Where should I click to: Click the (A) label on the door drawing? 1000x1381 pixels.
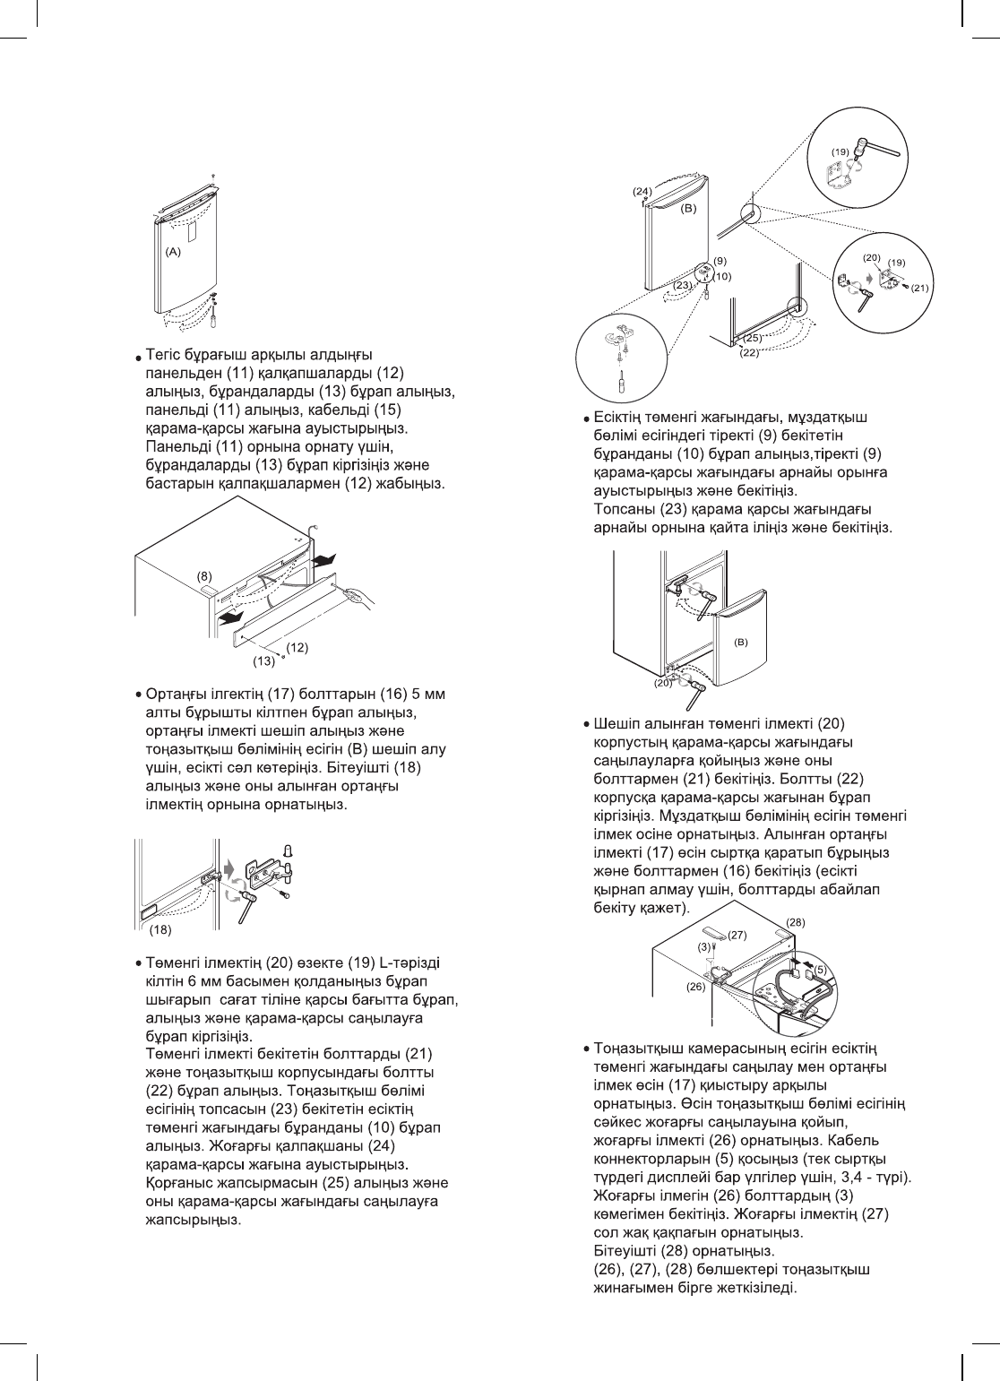click(x=173, y=253)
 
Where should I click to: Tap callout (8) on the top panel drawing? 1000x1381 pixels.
click(x=205, y=575)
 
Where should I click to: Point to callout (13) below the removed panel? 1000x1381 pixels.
click(x=263, y=661)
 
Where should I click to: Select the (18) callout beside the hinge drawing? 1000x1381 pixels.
click(x=159, y=929)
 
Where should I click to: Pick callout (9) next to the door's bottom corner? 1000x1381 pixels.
click(x=720, y=261)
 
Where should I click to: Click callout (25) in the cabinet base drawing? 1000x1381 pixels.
click(x=753, y=338)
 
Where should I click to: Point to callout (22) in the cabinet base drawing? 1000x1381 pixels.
click(x=749, y=353)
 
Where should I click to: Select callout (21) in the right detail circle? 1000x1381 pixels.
click(x=919, y=289)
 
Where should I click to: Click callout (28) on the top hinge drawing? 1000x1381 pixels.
click(x=796, y=921)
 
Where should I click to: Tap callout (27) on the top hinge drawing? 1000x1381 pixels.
click(x=737, y=935)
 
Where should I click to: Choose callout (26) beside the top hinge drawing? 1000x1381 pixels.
click(x=696, y=986)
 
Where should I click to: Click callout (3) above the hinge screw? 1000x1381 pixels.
click(x=704, y=946)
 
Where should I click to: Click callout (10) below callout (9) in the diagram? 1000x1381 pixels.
click(x=722, y=276)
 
